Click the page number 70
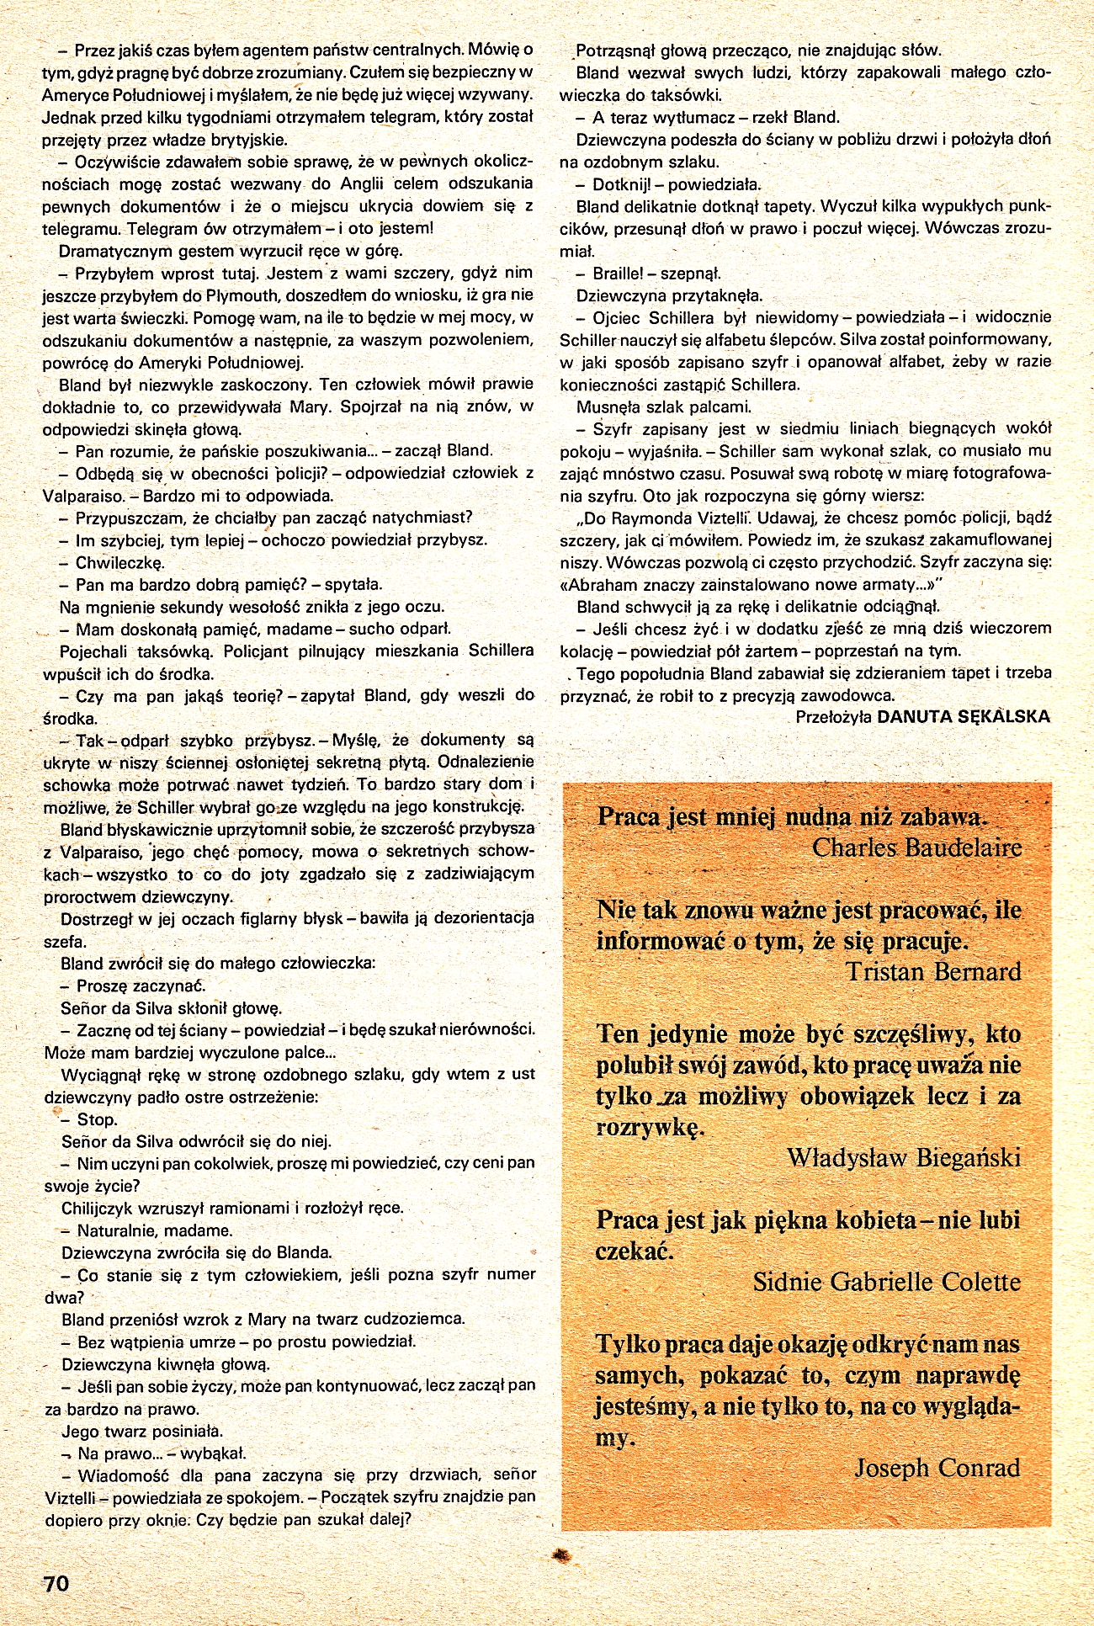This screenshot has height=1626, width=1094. pyautogui.click(x=56, y=1583)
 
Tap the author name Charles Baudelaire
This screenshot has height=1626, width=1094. pyautogui.click(x=916, y=848)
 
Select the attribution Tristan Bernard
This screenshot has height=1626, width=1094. pyautogui.click(x=933, y=972)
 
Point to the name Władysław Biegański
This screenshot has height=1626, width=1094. pyautogui.click(x=904, y=1158)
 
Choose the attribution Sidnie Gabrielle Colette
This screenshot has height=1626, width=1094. pyautogui.click(x=886, y=1282)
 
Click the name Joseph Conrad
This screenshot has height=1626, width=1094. pyautogui.click(x=937, y=1468)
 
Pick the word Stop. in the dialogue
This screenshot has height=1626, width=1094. pyautogui.click(x=97, y=1119)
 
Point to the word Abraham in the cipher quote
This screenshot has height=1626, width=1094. pyautogui.click(x=603, y=584)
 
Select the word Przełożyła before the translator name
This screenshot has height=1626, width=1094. pyautogui.click(x=833, y=716)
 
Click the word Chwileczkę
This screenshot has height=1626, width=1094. pyautogui.click(x=120, y=562)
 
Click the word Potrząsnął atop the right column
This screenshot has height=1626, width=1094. pyautogui.click(x=619, y=50)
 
